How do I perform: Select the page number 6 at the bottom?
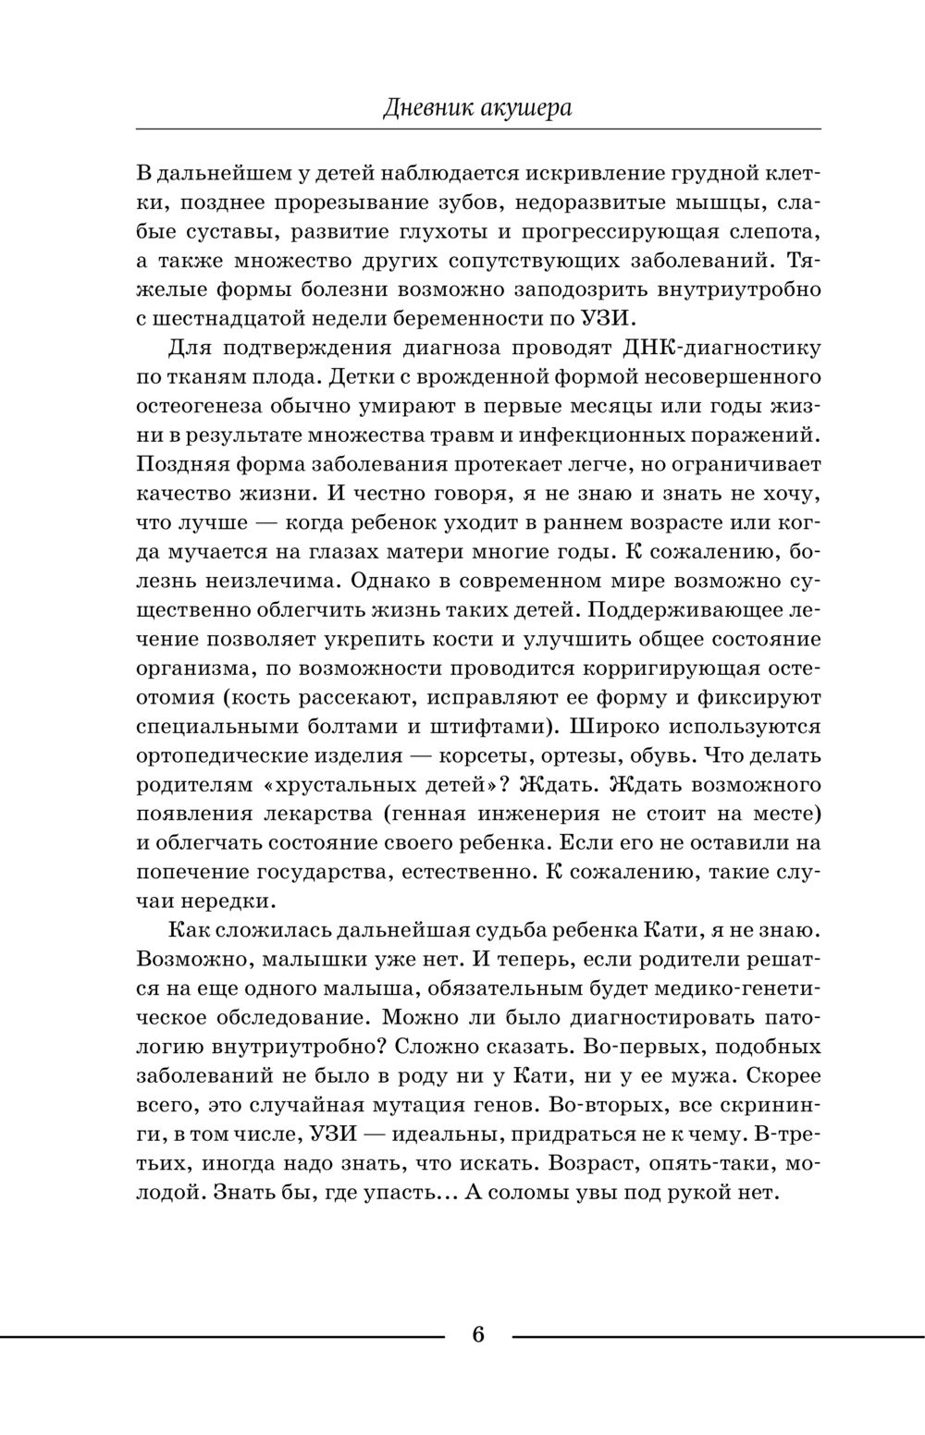point(478,1334)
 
